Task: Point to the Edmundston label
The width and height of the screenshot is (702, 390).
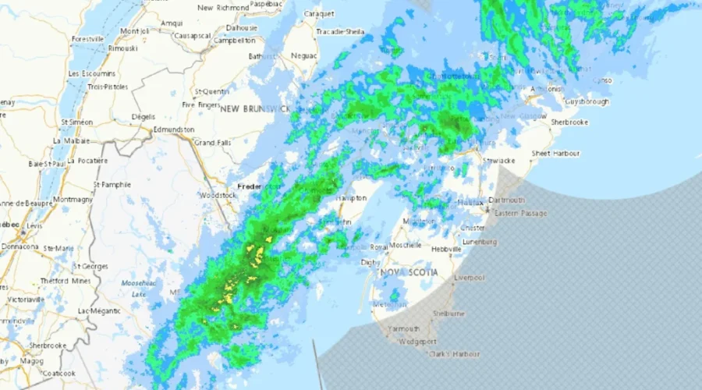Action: click(x=174, y=129)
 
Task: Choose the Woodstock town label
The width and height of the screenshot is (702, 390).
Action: click(x=218, y=195)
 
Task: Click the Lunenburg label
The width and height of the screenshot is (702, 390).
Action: click(x=478, y=242)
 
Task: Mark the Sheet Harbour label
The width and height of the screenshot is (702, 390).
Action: click(x=556, y=154)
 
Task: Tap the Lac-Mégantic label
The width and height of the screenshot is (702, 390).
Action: click(x=97, y=310)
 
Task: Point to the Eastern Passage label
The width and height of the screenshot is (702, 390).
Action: click(x=521, y=213)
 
